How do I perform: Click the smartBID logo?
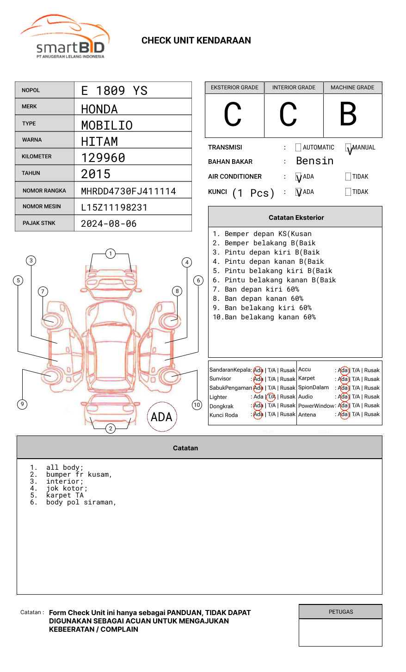[65, 37]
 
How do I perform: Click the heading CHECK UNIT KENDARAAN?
[196, 41]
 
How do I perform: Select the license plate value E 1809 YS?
[114, 91]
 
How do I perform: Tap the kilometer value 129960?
[103, 158]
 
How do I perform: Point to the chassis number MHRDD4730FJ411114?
[129, 191]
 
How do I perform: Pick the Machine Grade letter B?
[348, 114]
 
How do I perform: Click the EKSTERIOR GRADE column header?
[234, 87]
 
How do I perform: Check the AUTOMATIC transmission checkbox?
[298, 148]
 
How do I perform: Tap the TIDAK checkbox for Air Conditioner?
[348, 177]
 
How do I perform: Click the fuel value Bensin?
[314, 161]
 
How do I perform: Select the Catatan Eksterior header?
[296, 218]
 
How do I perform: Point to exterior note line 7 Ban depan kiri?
[256, 289]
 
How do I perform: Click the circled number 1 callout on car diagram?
[110, 254]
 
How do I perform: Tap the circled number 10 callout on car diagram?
[197, 405]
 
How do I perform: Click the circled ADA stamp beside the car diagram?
[161, 417]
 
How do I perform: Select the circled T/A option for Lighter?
[271, 397]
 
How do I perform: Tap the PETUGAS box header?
[341, 612]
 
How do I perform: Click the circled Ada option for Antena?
[343, 415]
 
